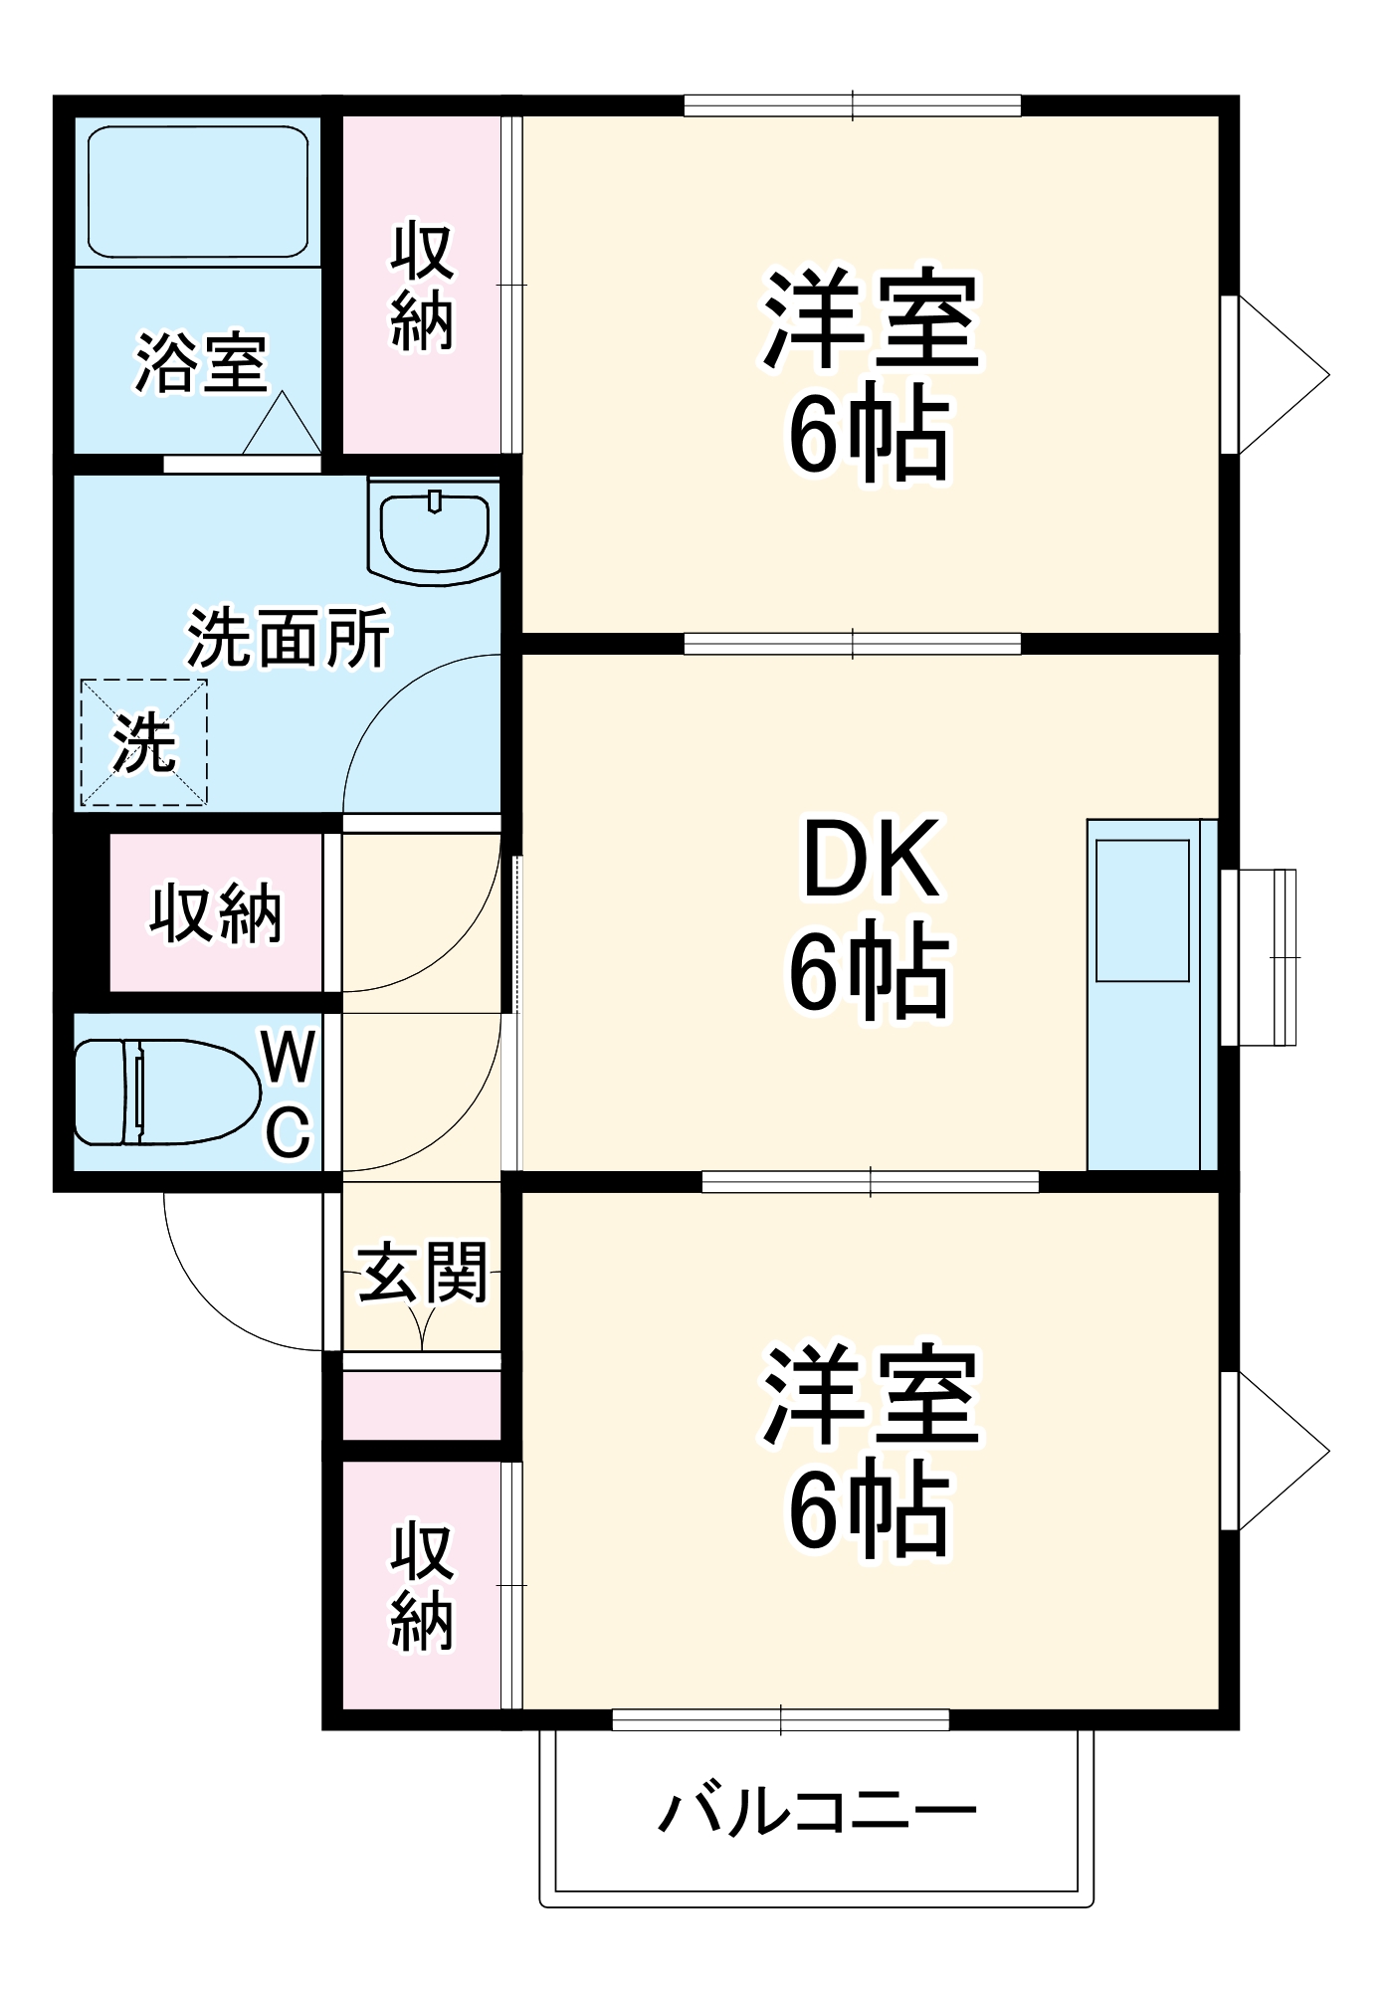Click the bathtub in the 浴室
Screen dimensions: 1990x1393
(198, 191)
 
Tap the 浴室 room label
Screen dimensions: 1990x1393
(202, 363)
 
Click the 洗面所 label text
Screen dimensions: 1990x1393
(289, 638)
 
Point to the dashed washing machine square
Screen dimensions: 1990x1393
(144, 742)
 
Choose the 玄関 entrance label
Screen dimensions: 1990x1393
(423, 1273)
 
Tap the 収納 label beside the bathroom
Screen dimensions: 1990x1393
(422, 288)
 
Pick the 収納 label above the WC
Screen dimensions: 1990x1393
(217, 912)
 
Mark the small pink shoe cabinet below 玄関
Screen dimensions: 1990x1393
(422, 1404)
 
